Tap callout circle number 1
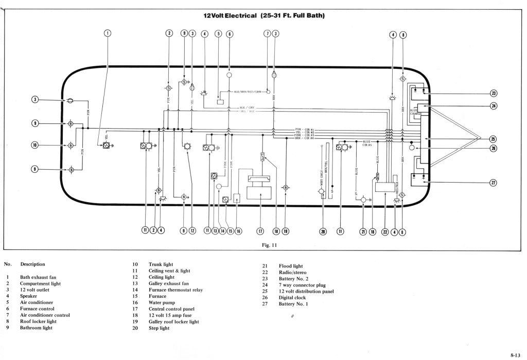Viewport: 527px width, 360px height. (x=108, y=33)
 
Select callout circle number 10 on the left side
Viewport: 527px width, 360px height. (x=35, y=145)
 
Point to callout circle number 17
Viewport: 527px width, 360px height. (x=260, y=231)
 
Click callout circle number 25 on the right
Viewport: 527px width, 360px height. (x=493, y=138)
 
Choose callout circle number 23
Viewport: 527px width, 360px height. (x=493, y=94)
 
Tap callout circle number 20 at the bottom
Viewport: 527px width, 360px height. (x=323, y=231)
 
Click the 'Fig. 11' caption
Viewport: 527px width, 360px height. (x=270, y=245)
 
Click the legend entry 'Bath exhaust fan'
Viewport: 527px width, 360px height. (x=38, y=277)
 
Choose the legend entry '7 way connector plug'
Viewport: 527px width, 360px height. (x=302, y=285)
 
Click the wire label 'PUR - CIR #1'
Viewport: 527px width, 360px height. (x=304, y=129)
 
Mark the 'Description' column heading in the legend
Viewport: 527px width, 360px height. (x=32, y=264)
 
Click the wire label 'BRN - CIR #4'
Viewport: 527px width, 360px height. (x=304, y=138)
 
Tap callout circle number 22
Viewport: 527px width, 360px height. (x=385, y=231)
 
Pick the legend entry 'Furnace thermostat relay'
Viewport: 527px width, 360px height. (x=175, y=290)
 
